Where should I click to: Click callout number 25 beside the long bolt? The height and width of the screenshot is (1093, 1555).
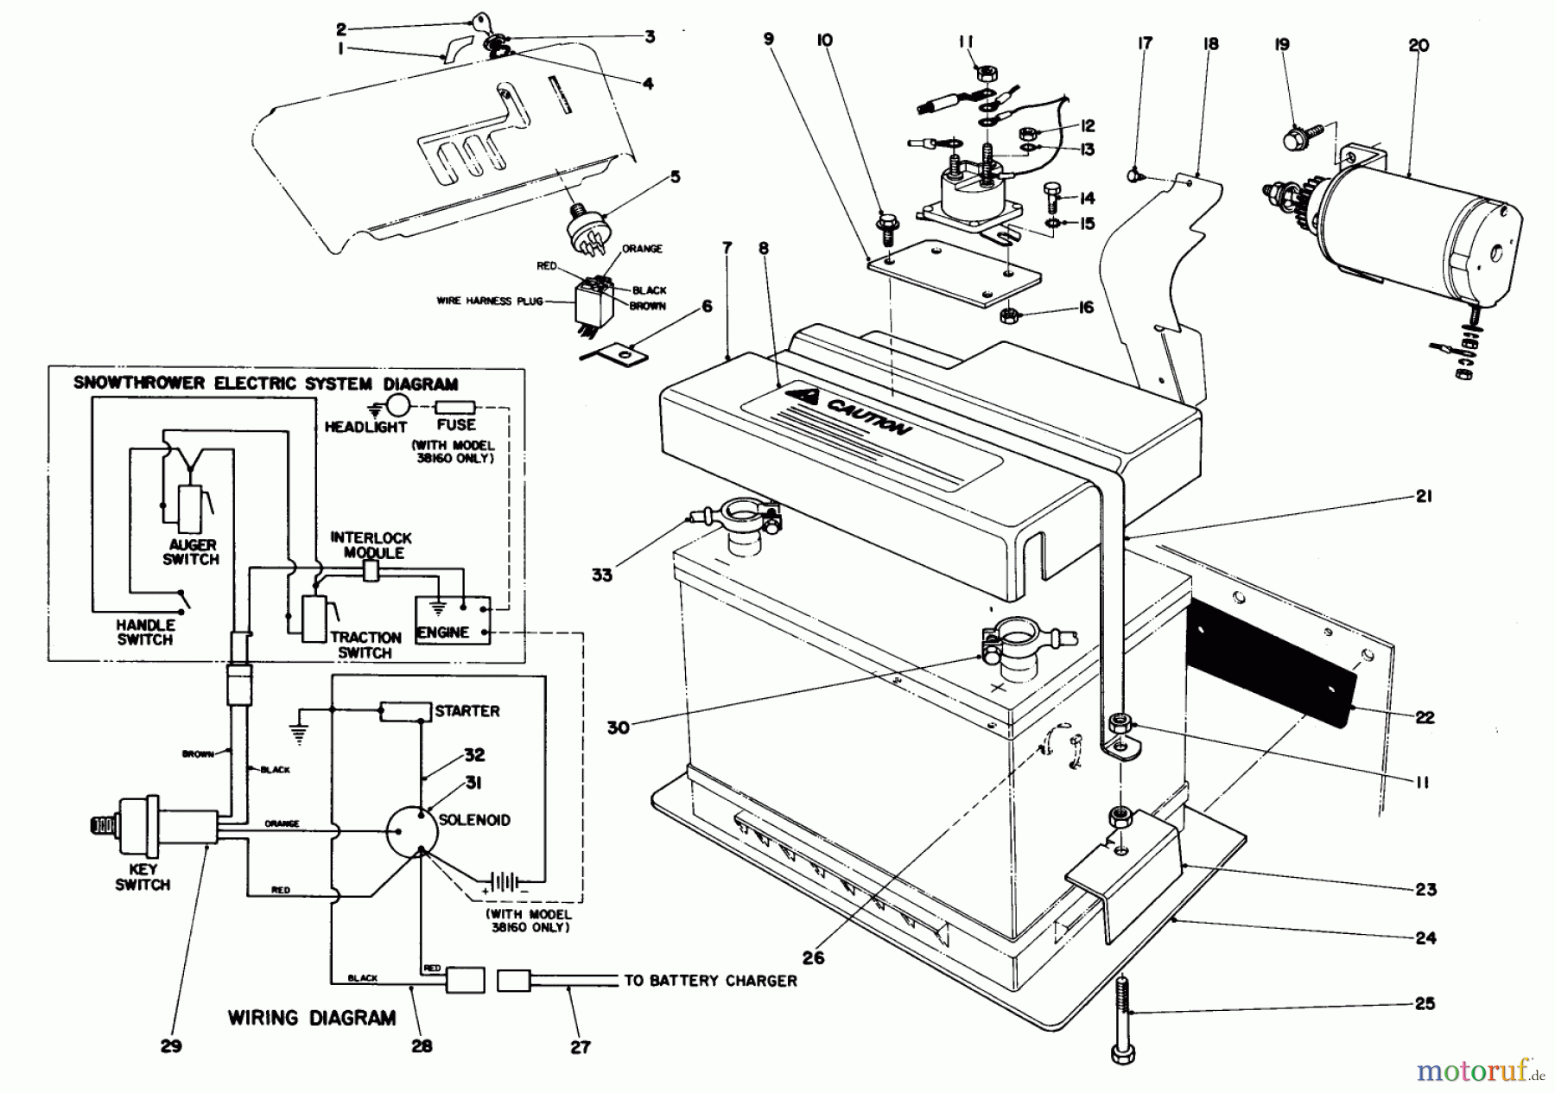click(x=1425, y=1003)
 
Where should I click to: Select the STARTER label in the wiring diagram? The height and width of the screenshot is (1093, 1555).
click(x=467, y=711)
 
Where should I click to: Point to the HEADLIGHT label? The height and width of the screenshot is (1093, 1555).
click(x=365, y=427)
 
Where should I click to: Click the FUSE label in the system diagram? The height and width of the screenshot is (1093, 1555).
click(x=456, y=425)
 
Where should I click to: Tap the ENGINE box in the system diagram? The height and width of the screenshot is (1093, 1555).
click(x=453, y=620)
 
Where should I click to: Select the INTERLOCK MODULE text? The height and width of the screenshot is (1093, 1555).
click(x=371, y=545)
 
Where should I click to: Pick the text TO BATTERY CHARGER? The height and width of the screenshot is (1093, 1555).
click(x=710, y=981)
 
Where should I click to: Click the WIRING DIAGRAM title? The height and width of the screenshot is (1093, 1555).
click(x=312, y=1018)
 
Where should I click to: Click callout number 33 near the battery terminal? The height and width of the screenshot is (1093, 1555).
click(x=602, y=575)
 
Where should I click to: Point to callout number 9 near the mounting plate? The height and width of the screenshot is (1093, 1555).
click(x=769, y=39)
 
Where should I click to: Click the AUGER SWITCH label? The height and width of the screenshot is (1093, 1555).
click(x=191, y=552)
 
